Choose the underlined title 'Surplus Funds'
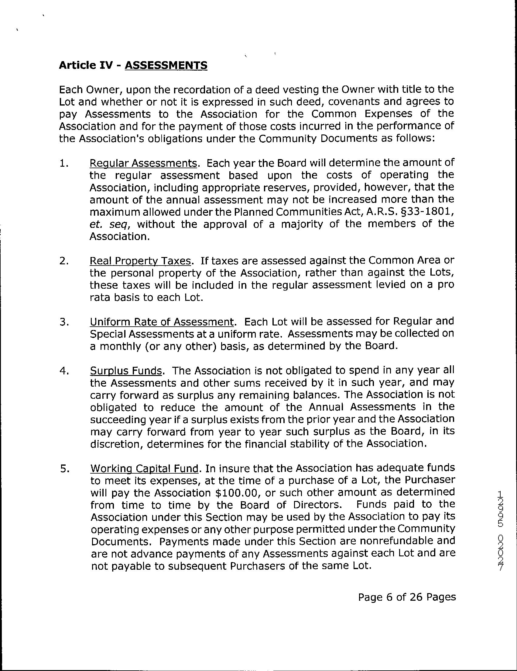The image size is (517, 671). point(126,370)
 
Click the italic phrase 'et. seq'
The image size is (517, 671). point(110,224)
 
